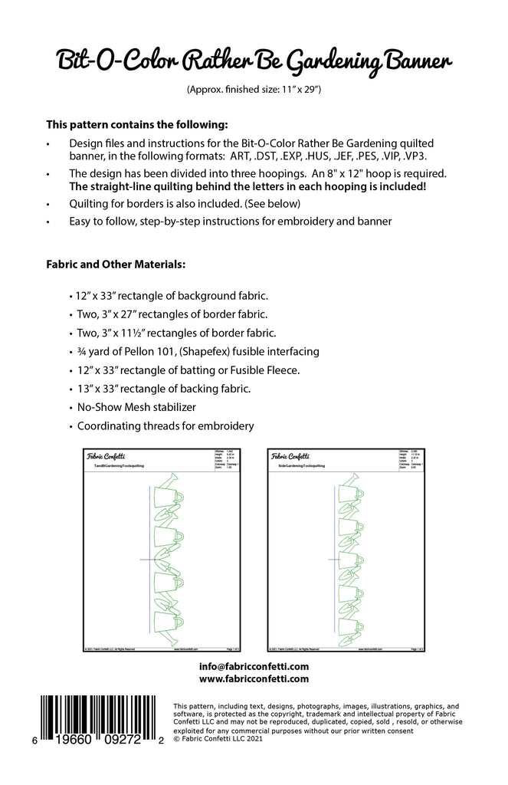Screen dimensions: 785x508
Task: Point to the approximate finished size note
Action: (x=253, y=90)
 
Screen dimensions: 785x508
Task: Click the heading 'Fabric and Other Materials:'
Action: (x=116, y=265)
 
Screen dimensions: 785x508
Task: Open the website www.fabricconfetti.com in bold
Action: (x=254, y=679)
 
